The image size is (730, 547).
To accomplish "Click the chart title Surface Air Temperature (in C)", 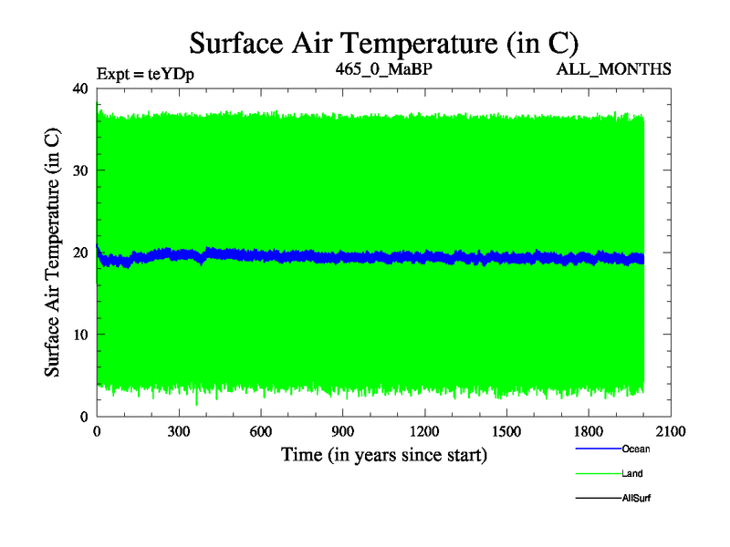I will point(383,43).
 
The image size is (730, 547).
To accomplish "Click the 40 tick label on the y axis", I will point(79,88).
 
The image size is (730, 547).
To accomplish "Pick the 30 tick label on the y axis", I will point(79,170).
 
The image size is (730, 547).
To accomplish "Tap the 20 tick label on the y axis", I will point(79,253).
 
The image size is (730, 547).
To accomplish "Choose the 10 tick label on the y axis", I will point(79,335).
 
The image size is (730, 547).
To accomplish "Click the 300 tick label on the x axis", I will point(179,432).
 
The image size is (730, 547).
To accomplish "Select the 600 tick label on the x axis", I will point(261,432).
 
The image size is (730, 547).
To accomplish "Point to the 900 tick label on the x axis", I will point(343,432).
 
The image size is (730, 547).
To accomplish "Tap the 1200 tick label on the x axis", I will point(425,432).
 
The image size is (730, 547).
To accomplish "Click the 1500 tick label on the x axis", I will point(507,432).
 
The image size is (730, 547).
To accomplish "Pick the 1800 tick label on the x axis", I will point(589,432).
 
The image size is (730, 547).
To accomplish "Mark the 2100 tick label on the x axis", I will point(672,432).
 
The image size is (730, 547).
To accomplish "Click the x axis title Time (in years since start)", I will point(383,454).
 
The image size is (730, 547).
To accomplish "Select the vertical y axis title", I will point(53,252).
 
